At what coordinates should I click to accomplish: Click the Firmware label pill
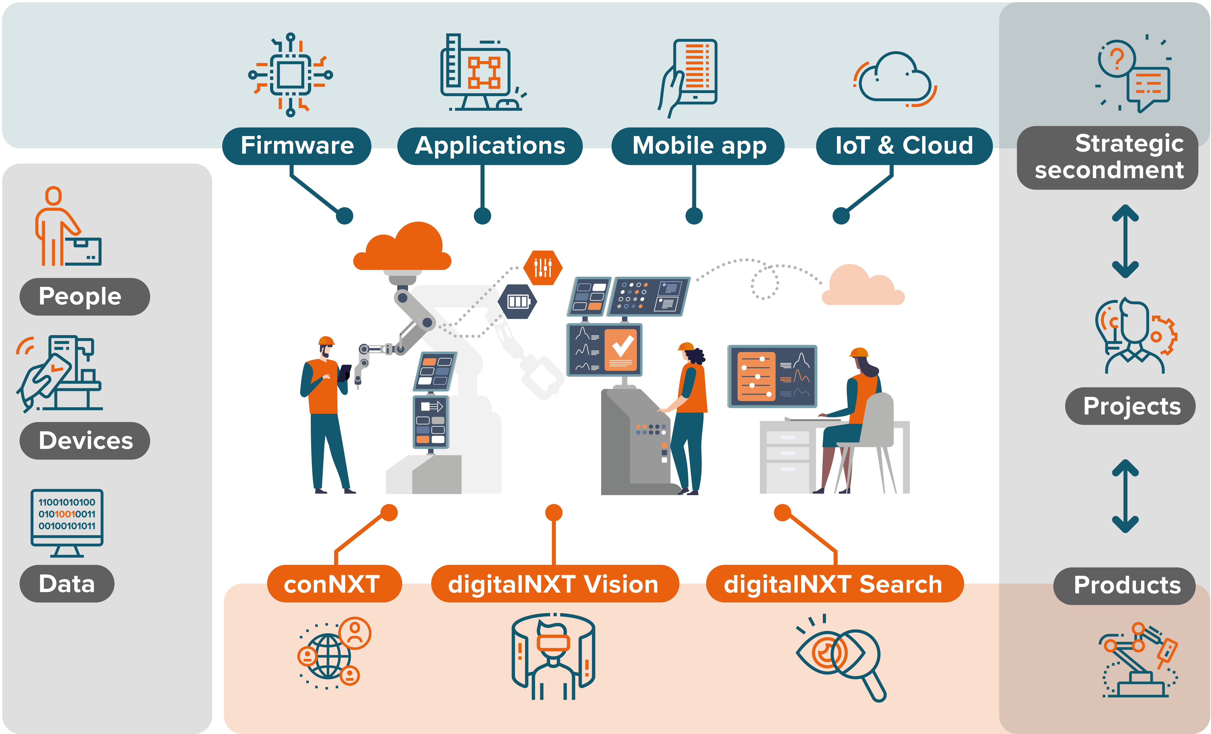[x=297, y=146]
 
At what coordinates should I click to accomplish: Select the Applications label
[x=490, y=146]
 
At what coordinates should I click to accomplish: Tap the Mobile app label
[x=698, y=146]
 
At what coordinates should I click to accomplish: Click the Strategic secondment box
[x=1108, y=157]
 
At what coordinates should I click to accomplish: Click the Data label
[x=67, y=584]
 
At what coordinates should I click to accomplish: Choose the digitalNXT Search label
[x=834, y=584]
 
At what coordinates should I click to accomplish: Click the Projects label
[x=1130, y=406]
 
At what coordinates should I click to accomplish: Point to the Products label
[x=1126, y=585]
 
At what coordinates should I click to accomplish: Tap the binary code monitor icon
[x=67, y=521]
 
